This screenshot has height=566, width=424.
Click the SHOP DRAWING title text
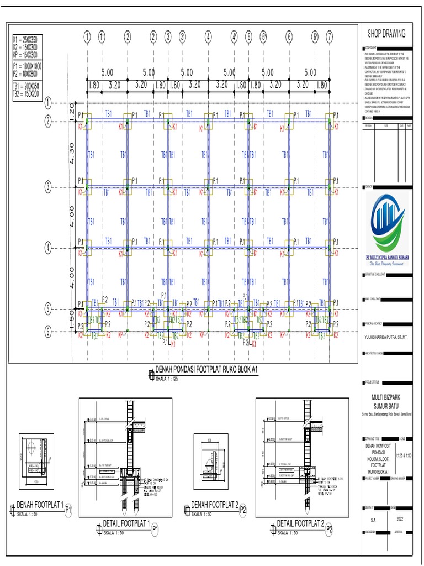point(386,33)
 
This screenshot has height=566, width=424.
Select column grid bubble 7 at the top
point(330,37)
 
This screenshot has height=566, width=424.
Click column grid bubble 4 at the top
point(208,37)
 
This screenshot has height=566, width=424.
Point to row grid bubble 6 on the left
point(48,332)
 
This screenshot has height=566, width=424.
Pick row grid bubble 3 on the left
point(48,187)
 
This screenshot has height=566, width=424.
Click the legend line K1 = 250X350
point(26,41)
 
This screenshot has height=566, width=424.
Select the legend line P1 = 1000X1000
point(28,66)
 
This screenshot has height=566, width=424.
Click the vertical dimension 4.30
point(71,154)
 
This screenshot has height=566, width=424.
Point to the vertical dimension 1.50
point(71,321)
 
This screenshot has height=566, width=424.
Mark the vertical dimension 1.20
point(71,111)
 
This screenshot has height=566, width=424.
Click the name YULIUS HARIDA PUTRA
point(387,334)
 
